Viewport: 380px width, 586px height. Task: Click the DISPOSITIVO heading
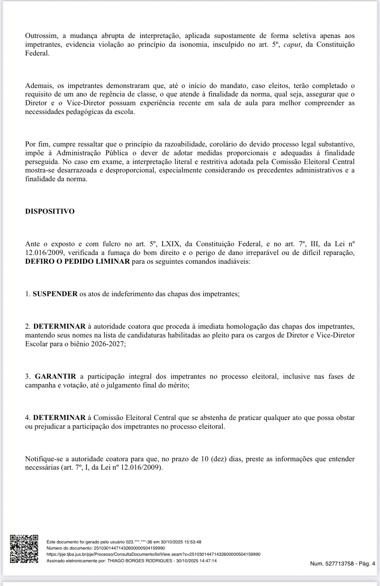[50, 211]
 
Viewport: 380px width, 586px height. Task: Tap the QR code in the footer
[24, 549]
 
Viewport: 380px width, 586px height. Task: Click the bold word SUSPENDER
[55, 294]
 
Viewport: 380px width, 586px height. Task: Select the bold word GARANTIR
[55, 376]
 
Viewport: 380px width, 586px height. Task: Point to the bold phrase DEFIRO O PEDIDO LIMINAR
[77, 261]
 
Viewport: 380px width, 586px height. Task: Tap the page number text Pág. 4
[367, 564]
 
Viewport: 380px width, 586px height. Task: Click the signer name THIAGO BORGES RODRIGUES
[140, 561]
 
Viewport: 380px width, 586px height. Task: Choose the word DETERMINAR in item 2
[59, 326]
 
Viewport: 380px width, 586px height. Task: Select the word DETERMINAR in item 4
[59, 418]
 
